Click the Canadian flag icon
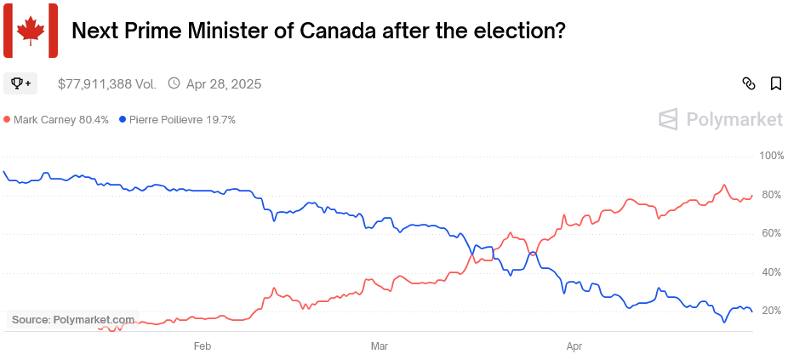[31, 31]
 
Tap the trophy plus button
[20, 83]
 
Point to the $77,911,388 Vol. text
[107, 83]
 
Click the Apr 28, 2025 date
[224, 83]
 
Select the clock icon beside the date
[174, 83]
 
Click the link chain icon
[749, 83]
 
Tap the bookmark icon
[776, 83]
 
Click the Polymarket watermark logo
[721, 120]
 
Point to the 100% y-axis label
[771, 157]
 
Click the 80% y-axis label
[772, 195]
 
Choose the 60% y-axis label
[772, 233]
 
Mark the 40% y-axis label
[772, 272]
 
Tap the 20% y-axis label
[772, 311]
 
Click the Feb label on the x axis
[203, 346]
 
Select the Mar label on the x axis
[380, 346]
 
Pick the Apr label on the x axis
[574, 346]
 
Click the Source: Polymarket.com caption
[72, 320]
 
